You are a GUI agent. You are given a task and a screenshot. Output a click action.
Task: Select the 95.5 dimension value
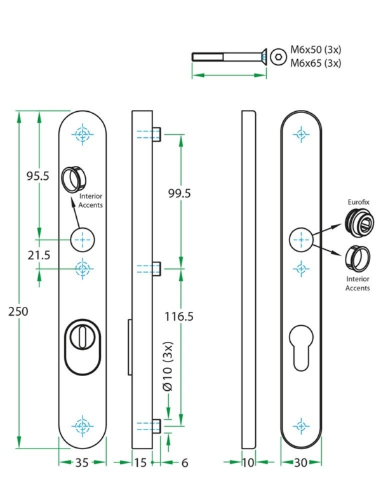(37, 176)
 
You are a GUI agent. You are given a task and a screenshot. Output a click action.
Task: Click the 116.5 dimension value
(177, 316)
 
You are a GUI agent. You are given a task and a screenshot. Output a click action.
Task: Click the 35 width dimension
(82, 463)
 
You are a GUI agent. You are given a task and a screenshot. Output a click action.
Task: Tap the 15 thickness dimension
(140, 463)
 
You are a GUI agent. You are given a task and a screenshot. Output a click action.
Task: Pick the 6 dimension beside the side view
(185, 463)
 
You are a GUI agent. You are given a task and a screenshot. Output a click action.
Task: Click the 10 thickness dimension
(249, 463)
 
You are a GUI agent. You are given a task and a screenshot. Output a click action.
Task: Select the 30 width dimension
(300, 463)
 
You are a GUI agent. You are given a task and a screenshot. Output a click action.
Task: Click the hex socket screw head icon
(277, 57)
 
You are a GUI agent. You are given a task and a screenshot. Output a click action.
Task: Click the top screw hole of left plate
(82, 133)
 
